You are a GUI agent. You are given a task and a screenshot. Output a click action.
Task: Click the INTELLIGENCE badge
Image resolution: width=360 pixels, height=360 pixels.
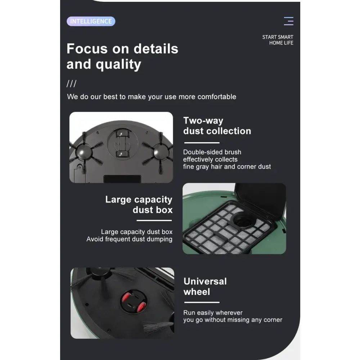(91, 21)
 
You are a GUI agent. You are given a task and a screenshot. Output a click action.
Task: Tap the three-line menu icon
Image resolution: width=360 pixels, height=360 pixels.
(289, 21)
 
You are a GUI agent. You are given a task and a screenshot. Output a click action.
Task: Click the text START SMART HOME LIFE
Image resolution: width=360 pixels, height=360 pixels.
(278, 40)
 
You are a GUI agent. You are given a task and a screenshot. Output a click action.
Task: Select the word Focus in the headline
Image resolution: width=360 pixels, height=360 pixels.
(87, 49)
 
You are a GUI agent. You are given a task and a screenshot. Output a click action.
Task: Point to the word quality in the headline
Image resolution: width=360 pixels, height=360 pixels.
(118, 64)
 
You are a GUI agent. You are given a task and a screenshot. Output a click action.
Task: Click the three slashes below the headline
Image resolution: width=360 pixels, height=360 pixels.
(71, 84)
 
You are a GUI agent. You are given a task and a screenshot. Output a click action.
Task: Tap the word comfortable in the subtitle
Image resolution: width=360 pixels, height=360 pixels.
(217, 96)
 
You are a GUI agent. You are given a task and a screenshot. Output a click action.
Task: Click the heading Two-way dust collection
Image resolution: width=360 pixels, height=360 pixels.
(217, 126)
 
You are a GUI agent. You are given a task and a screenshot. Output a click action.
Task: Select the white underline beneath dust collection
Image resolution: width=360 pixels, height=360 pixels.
(202, 143)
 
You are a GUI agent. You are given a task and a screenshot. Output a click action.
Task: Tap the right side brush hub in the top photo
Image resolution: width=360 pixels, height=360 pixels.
(161, 152)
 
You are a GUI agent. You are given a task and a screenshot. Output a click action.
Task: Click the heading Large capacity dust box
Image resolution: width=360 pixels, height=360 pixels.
(139, 204)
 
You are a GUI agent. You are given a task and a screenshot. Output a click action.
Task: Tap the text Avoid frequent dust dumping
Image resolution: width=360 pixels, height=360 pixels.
(129, 239)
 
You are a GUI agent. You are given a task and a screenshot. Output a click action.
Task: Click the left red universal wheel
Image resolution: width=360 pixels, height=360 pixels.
(126, 298)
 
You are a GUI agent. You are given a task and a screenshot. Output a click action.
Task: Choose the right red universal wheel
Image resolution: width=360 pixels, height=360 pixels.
(141, 307)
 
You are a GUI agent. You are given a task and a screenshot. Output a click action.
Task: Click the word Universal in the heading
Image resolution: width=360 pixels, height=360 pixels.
(205, 281)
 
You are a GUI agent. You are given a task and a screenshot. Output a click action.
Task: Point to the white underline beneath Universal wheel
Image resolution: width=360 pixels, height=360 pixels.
(202, 302)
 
